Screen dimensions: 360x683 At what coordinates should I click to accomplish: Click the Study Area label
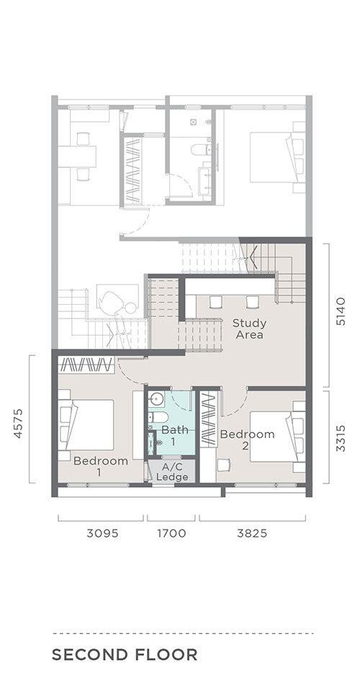click(x=249, y=329)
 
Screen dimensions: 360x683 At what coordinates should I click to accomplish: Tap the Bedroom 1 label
click(x=101, y=466)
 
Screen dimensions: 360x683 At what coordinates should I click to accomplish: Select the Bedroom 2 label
click(x=247, y=439)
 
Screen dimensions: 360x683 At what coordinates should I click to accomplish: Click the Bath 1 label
click(x=175, y=434)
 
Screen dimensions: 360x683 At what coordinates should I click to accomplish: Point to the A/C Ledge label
click(x=172, y=472)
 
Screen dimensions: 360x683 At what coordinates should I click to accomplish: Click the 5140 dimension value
click(x=341, y=311)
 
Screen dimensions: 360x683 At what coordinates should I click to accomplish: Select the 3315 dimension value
click(x=341, y=438)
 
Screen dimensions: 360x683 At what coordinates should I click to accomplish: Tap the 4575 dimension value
click(x=18, y=423)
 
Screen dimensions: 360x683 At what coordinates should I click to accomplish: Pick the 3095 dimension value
click(x=102, y=533)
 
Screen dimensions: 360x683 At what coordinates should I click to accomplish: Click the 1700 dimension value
click(x=171, y=533)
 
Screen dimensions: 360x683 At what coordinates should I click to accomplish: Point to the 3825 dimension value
click(x=252, y=533)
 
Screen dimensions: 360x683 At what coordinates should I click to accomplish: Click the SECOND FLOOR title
click(x=125, y=655)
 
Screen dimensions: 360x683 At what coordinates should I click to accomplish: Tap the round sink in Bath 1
click(x=157, y=399)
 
